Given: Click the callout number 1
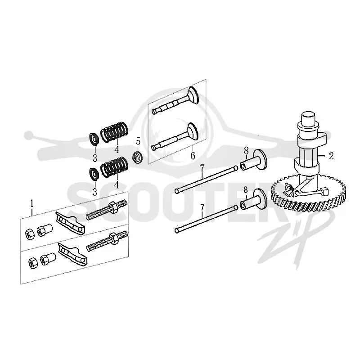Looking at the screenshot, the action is (x=32, y=203).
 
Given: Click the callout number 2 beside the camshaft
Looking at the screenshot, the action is (x=331, y=156).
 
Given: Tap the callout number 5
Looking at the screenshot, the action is (x=138, y=141).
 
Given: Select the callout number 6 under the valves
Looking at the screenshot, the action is (x=193, y=155).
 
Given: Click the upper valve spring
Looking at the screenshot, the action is (x=114, y=132).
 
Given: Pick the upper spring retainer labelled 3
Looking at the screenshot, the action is (x=94, y=139).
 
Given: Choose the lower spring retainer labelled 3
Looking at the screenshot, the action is (x=94, y=175).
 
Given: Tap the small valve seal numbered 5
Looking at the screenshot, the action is (x=138, y=158).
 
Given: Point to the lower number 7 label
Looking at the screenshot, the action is (x=202, y=207).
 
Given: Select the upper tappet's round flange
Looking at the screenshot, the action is (x=260, y=160).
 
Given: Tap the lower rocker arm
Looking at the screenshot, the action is (x=73, y=253).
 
